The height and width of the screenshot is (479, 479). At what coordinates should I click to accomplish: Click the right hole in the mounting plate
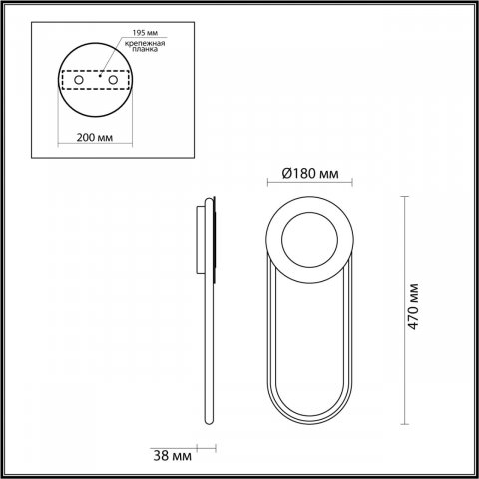point(112,79)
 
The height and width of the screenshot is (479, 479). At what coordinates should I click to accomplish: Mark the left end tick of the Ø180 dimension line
point(267,186)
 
